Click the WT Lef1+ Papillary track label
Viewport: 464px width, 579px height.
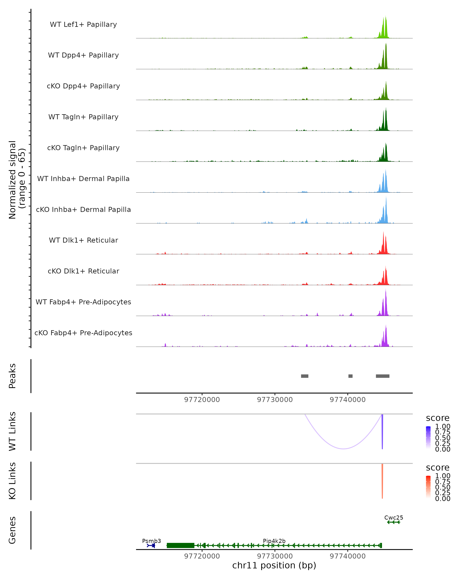point(83,25)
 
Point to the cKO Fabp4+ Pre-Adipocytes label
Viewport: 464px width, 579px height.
point(83,333)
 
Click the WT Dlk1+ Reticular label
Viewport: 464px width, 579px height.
point(83,240)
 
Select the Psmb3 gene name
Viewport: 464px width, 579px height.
point(151,541)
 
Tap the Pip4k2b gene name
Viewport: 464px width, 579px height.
point(274,541)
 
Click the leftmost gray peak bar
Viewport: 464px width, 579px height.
point(304,376)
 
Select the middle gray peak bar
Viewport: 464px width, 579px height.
point(350,376)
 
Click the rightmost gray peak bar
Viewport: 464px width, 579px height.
point(382,376)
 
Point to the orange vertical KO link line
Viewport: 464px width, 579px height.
point(382,481)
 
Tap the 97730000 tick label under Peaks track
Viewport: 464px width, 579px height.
point(275,400)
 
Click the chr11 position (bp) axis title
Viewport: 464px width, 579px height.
point(274,565)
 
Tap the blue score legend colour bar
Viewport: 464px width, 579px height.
point(428,438)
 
